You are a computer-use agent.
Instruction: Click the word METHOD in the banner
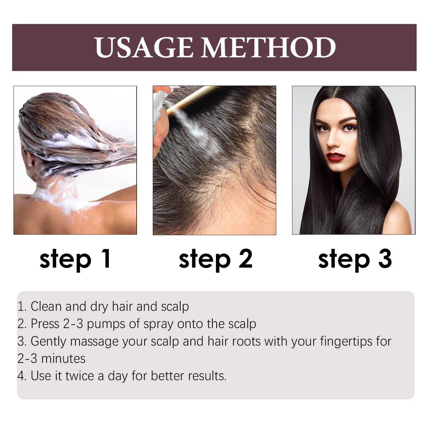click(269, 48)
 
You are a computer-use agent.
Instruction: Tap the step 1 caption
click(75, 259)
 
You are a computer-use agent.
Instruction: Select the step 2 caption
click(215, 259)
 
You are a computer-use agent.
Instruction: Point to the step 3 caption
click(355, 259)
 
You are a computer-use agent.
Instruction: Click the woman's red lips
click(336, 157)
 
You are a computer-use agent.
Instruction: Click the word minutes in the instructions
click(63, 358)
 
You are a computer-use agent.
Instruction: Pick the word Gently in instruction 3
click(48, 341)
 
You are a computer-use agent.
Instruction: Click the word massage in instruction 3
click(94, 341)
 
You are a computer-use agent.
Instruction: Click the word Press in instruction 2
click(45, 324)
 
